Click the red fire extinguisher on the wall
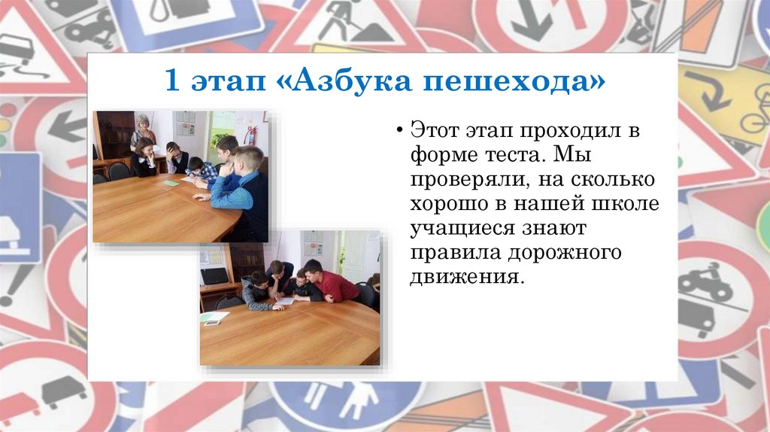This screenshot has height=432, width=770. pos(253,135)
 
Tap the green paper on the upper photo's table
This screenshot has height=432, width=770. pos(171,182)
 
